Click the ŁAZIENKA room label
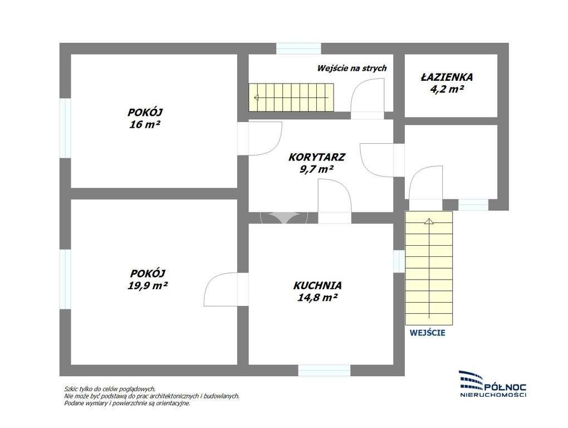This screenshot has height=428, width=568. point(447,77)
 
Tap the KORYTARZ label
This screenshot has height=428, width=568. point(317,157)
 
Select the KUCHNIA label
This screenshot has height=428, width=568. point(317,285)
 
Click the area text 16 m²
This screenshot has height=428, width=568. point(145,125)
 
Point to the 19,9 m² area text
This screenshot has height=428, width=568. point(148,285)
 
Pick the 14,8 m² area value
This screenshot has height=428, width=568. point(317,298)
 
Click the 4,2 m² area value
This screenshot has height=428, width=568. point(447,89)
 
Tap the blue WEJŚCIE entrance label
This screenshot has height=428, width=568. point(428,333)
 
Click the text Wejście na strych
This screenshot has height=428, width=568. point(352,68)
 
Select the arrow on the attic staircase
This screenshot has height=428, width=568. point(292,98)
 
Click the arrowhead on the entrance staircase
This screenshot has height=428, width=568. point(429,221)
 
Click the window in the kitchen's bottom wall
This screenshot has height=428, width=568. point(324,371)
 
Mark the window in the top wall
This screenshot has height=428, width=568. point(299,48)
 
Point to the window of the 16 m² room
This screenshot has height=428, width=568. point(65,128)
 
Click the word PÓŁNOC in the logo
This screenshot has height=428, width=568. point(505,388)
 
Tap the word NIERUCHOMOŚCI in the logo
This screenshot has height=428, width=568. point(493,395)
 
